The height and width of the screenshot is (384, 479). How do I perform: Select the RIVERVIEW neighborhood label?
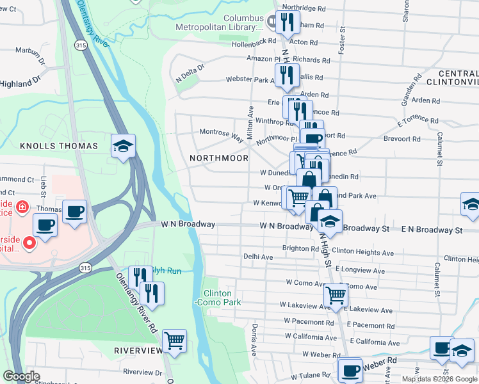139,351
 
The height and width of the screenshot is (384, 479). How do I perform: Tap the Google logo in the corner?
21,376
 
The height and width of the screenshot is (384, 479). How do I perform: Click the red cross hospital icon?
22,207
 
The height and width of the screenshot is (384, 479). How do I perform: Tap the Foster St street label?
342,39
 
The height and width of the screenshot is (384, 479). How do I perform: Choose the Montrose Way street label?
222,134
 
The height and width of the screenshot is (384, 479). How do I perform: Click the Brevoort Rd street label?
401,138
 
